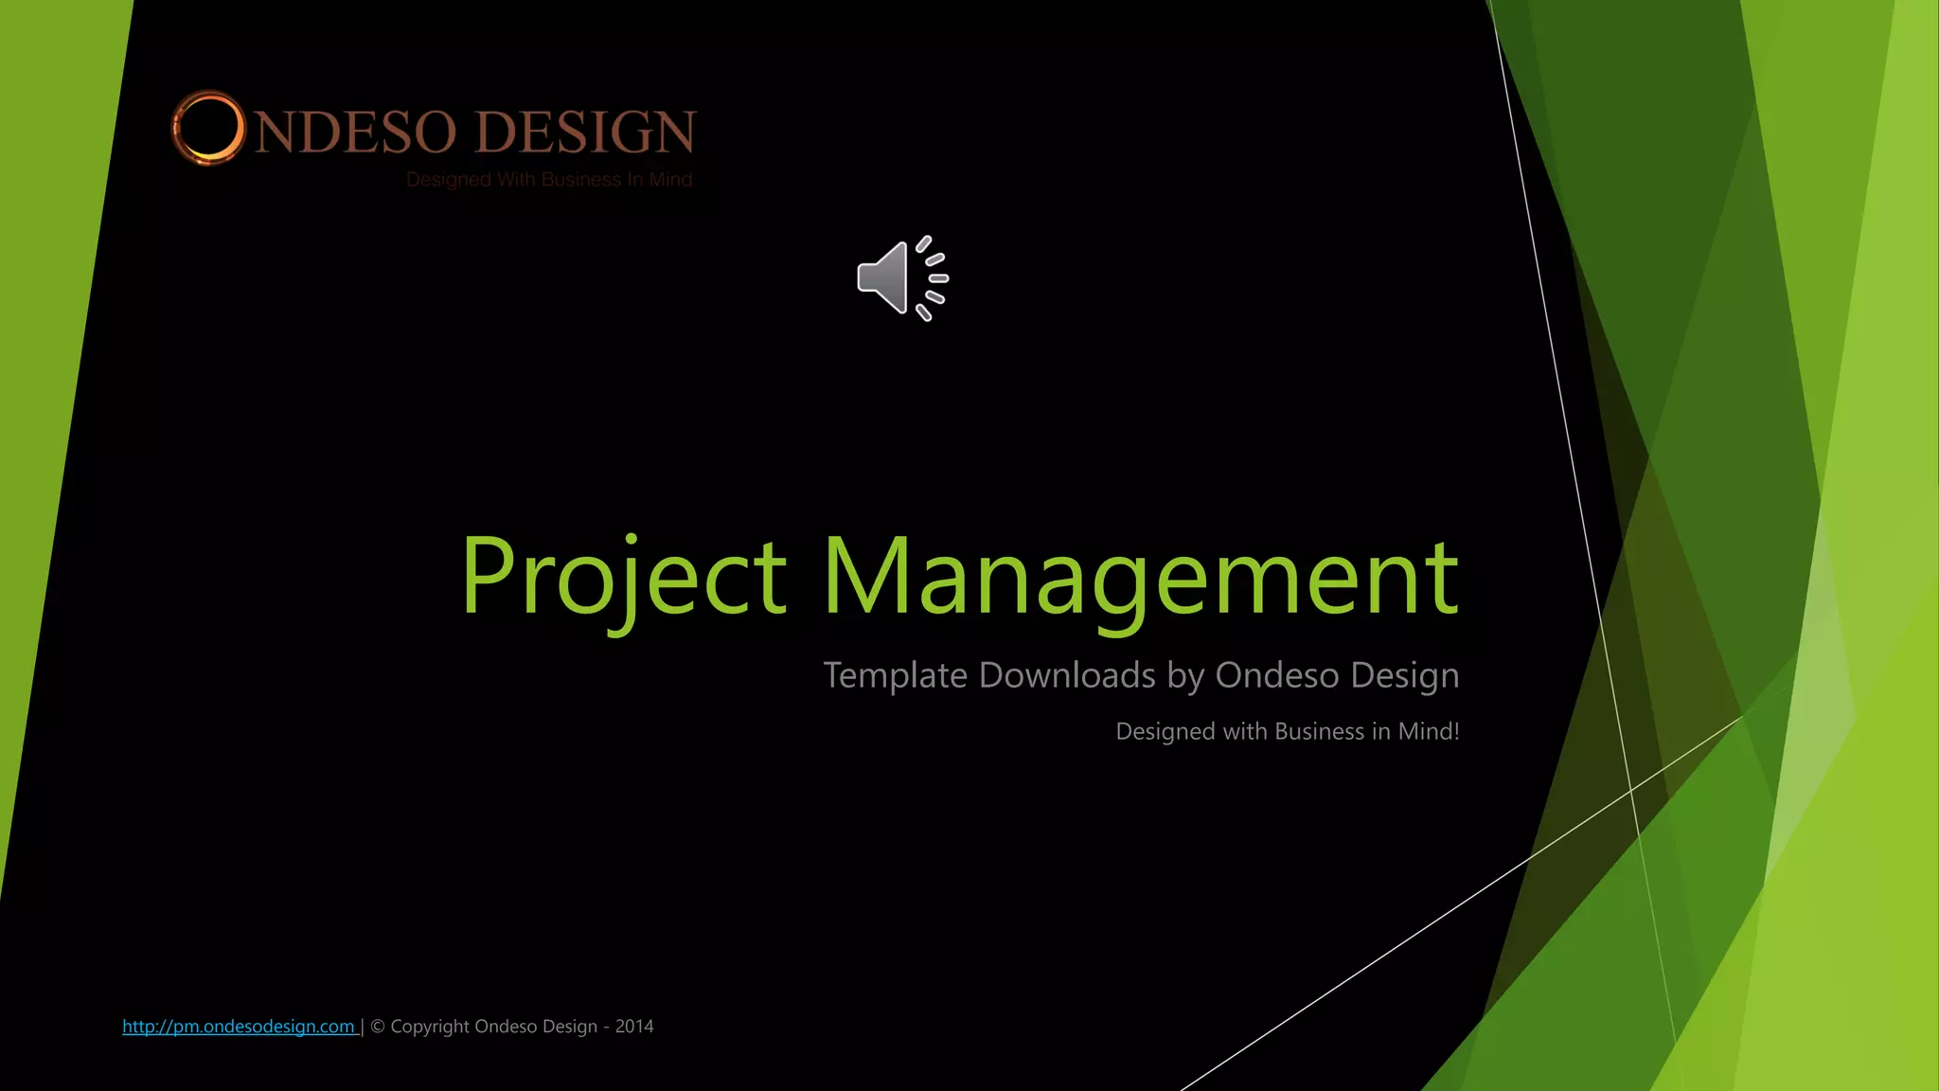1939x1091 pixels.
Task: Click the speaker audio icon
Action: point(901,278)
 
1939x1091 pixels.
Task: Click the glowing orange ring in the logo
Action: point(207,129)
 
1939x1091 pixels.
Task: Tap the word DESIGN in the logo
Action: point(585,132)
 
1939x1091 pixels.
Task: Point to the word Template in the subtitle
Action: point(895,675)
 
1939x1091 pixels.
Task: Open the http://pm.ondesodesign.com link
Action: point(239,1027)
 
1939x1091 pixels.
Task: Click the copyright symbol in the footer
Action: point(378,1027)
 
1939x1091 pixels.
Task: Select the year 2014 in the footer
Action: point(634,1027)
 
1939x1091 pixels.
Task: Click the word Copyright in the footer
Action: point(430,1027)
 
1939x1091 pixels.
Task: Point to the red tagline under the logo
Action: point(549,180)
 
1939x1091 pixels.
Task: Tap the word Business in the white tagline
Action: point(1320,731)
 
